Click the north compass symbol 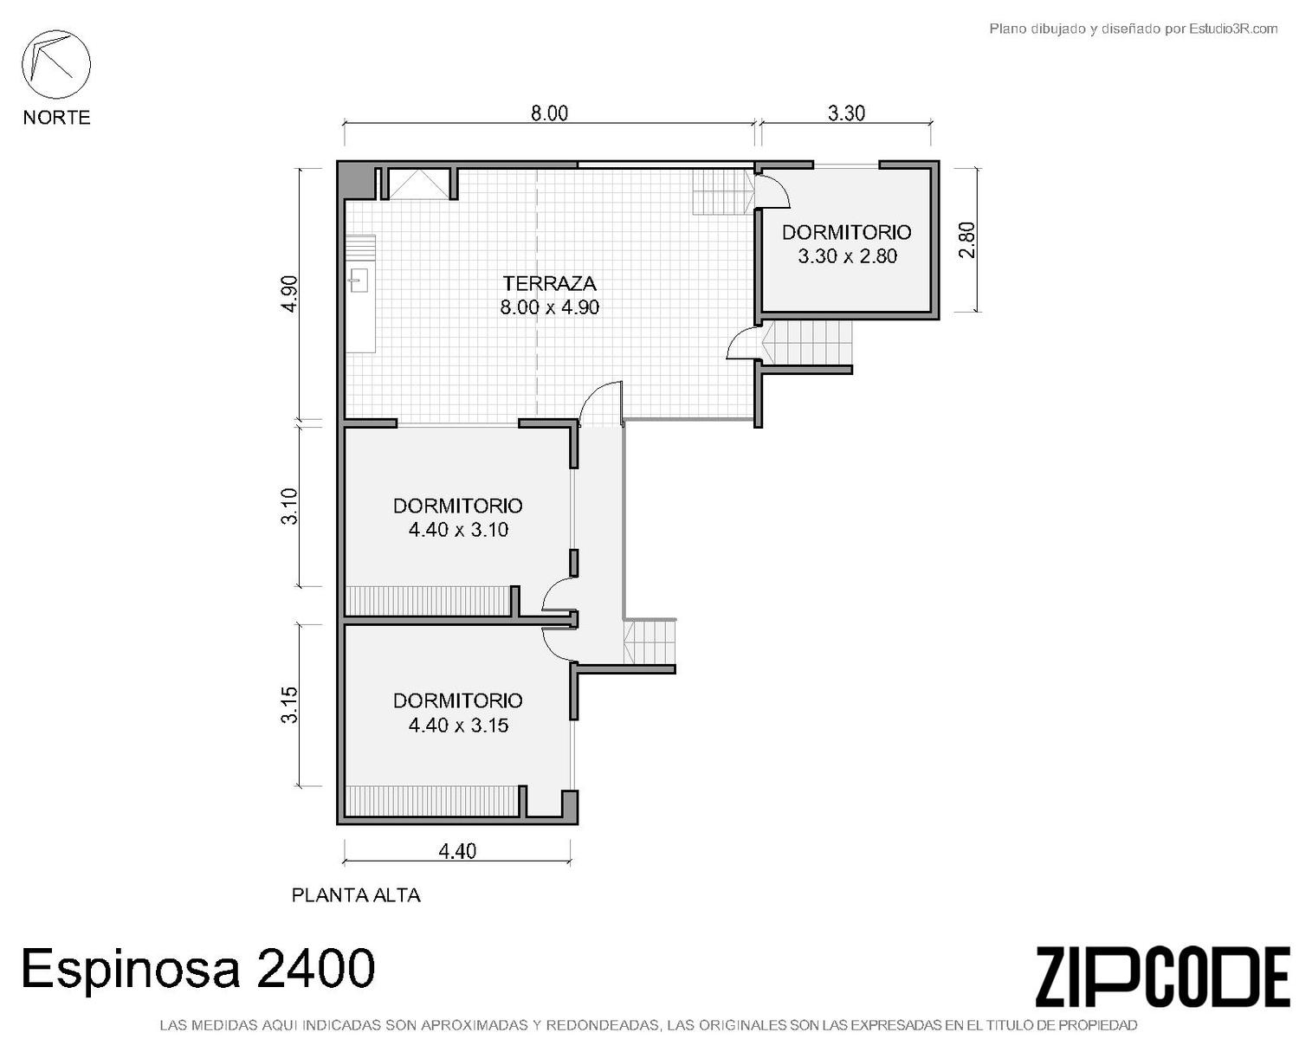[56, 65]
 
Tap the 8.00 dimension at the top [549, 113]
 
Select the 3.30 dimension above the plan [846, 113]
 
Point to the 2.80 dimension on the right [966, 240]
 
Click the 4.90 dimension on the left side [290, 294]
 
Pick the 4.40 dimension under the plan [457, 851]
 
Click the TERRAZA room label [549, 283]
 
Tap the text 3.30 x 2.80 [848, 256]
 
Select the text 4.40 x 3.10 [458, 530]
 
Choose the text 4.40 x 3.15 [458, 725]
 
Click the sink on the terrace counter [359, 281]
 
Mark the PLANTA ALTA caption [356, 894]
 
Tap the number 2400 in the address [316, 967]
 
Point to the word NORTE [57, 117]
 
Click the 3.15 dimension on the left [290, 705]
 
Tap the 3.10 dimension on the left [290, 506]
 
